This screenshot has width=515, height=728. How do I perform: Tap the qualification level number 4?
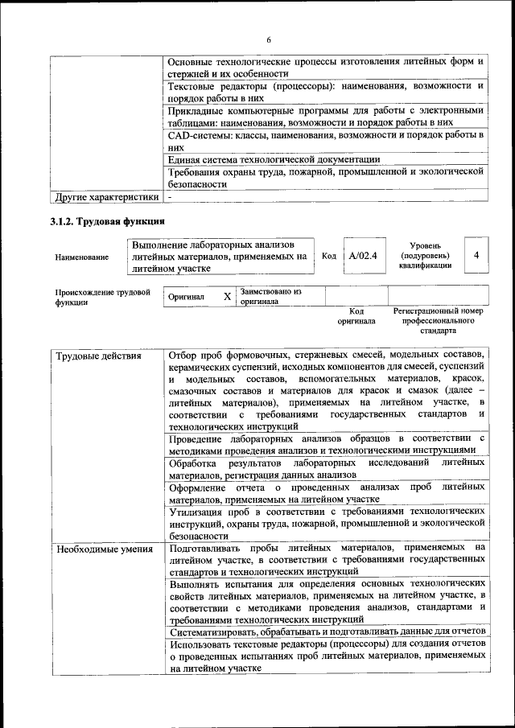pos(477,255)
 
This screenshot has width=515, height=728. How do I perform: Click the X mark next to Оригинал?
pos(227,297)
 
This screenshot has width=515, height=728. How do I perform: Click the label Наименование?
pos(81,257)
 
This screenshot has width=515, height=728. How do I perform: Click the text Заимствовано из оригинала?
pos(270,296)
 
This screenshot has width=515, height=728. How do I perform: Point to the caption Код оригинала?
pos(356,315)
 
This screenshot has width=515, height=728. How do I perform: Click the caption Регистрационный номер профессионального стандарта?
pos(438,320)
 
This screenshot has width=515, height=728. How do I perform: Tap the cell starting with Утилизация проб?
pos(327,523)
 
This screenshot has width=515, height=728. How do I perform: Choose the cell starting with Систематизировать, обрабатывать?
pos(327,632)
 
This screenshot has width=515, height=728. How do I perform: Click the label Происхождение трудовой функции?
pos(101,297)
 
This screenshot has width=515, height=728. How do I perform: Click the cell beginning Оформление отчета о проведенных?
pos(327,492)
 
